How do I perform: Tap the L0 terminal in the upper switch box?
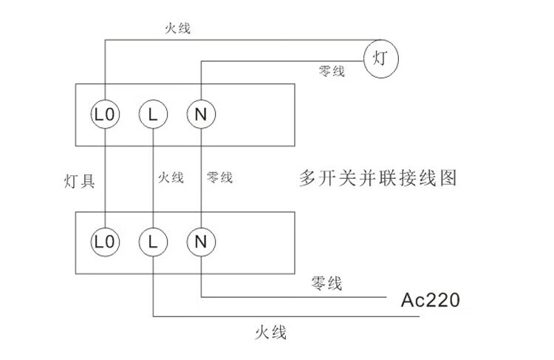pos(105,115)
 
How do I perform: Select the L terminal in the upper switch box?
pos(153,115)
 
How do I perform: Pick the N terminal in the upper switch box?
pos(200,115)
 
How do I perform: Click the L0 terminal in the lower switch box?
pos(105,240)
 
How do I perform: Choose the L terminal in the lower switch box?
pos(153,240)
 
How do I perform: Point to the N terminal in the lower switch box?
pos(200,240)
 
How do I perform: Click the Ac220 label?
pos(431,301)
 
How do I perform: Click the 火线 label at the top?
pos(178,29)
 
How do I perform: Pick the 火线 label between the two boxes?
pos(171,178)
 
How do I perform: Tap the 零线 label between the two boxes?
pos(219,178)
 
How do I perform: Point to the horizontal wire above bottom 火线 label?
pos(288,316)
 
